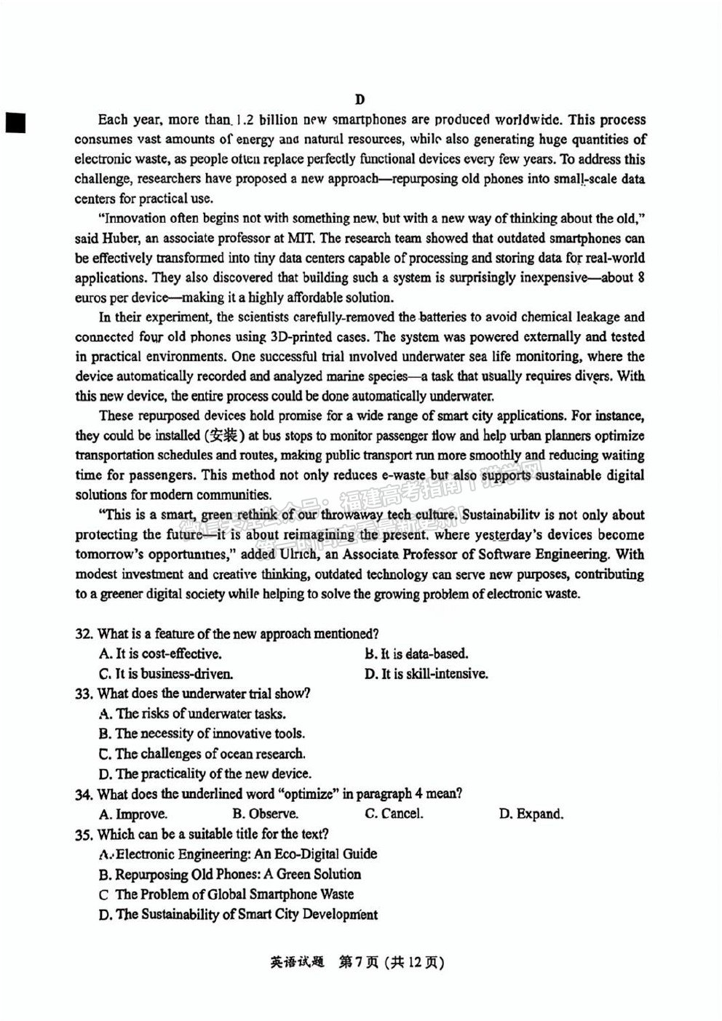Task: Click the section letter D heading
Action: (x=360, y=99)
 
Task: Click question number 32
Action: (x=84, y=634)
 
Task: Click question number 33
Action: (x=84, y=694)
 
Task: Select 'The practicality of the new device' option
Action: (x=205, y=774)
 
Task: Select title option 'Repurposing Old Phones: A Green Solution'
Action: (x=230, y=874)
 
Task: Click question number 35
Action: (x=84, y=834)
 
